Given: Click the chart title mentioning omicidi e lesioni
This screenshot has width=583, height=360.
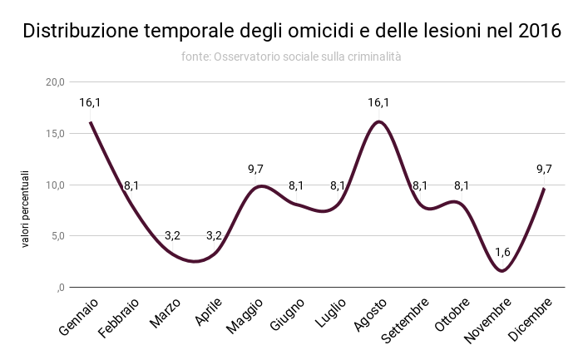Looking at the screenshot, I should pyautogui.click(x=291, y=32).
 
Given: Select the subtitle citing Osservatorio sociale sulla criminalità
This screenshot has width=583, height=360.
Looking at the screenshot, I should pyautogui.click(x=291, y=57).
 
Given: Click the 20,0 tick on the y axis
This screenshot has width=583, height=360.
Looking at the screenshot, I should pyautogui.click(x=55, y=82).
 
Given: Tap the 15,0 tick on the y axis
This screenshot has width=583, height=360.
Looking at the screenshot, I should pyautogui.click(x=55, y=134).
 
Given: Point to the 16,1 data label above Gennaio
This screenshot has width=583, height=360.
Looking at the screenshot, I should pyautogui.click(x=90, y=103).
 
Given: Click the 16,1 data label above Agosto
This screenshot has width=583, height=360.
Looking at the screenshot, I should pyautogui.click(x=378, y=103).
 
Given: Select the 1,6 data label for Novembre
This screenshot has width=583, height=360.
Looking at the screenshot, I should pyautogui.click(x=502, y=252).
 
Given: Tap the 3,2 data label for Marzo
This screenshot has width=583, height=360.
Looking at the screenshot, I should pyautogui.click(x=172, y=235).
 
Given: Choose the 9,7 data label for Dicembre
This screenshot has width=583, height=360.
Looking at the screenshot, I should pyautogui.click(x=544, y=169).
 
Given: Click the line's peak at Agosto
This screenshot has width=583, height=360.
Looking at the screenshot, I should pyautogui.click(x=378, y=122).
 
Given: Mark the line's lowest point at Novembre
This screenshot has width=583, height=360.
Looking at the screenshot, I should pyautogui.click(x=502, y=271).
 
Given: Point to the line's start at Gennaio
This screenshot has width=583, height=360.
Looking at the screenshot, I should pyautogui.click(x=90, y=122).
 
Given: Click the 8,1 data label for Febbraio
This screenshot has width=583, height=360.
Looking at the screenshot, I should pyautogui.click(x=131, y=185).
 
